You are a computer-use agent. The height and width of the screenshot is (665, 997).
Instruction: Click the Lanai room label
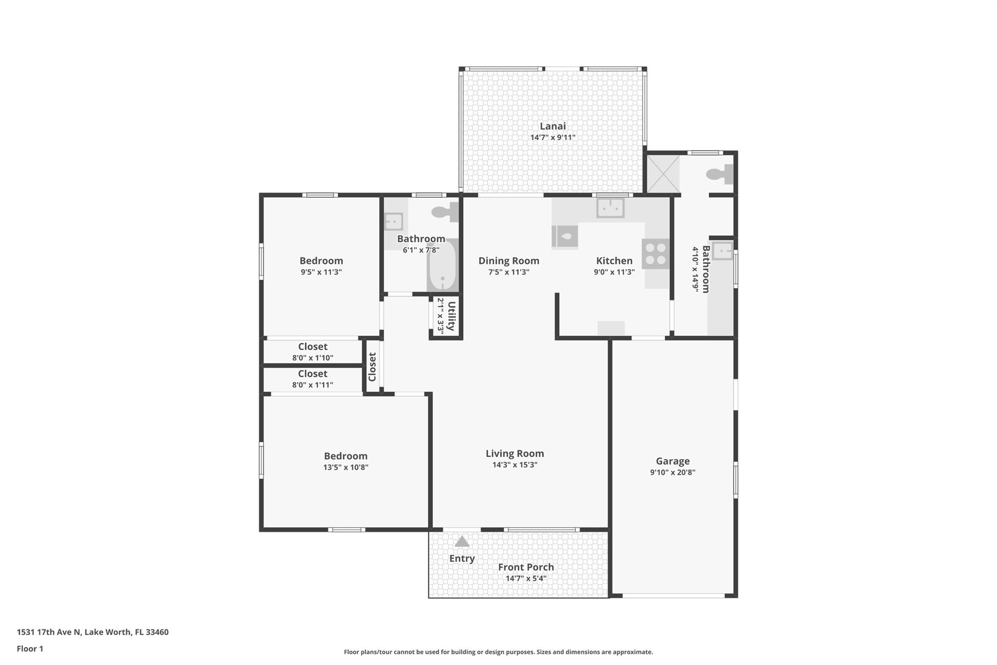click(x=553, y=126)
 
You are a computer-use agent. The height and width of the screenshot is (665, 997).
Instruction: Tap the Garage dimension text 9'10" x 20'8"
click(x=672, y=472)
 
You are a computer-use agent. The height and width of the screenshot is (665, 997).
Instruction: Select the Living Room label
click(x=515, y=454)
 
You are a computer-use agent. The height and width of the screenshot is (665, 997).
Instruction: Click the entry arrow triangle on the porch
click(x=462, y=541)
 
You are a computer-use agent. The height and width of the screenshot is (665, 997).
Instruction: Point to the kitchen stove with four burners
click(x=655, y=254)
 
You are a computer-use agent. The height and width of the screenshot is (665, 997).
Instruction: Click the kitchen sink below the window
click(x=610, y=208)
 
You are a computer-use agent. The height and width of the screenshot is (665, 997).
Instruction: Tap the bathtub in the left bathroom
click(x=443, y=265)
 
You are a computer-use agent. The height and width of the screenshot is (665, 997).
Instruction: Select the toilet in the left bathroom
click(x=445, y=212)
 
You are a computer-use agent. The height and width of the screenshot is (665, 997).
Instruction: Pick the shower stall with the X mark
click(x=663, y=174)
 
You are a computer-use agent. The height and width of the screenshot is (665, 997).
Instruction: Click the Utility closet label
click(x=451, y=316)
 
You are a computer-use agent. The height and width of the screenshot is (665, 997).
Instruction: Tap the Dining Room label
click(x=509, y=261)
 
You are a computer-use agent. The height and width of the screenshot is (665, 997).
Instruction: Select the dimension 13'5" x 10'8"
click(x=346, y=467)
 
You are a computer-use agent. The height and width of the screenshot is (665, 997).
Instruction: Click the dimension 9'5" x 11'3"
click(x=321, y=272)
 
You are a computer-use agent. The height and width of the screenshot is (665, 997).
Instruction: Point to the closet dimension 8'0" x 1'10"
click(x=313, y=358)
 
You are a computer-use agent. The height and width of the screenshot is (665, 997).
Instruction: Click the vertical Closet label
click(x=372, y=367)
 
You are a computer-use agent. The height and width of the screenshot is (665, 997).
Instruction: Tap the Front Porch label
click(x=526, y=567)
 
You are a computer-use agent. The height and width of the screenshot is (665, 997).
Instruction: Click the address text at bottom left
click(x=92, y=632)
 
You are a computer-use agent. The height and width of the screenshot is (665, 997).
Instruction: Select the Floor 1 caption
click(x=30, y=649)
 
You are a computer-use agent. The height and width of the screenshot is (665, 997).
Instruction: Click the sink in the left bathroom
click(x=393, y=221)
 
